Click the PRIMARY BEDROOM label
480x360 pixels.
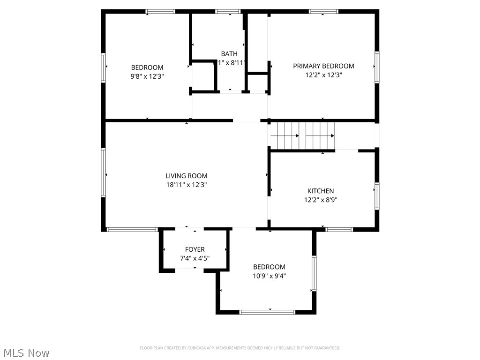point(323,66)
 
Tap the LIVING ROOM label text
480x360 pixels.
point(186,176)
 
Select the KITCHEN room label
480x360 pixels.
point(321,191)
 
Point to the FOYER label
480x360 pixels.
point(195,249)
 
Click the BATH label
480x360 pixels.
point(229,54)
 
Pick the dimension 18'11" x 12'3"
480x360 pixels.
point(186,185)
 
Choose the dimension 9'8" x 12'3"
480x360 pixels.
point(147,76)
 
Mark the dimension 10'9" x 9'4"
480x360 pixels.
point(269,276)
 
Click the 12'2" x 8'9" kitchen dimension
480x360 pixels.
point(321,199)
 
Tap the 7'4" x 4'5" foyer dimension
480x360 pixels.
point(195,258)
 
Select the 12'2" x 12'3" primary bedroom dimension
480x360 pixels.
point(323,75)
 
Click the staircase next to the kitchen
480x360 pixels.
point(302,135)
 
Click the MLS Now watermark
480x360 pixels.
point(26,352)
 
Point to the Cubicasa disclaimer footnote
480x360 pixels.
point(240,348)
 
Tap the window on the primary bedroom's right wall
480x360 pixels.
point(377,67)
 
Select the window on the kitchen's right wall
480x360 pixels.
point(377,196)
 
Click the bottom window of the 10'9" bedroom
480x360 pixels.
point(267,312)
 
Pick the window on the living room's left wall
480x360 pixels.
point(103,172)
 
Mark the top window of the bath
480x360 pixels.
point(228,11)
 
